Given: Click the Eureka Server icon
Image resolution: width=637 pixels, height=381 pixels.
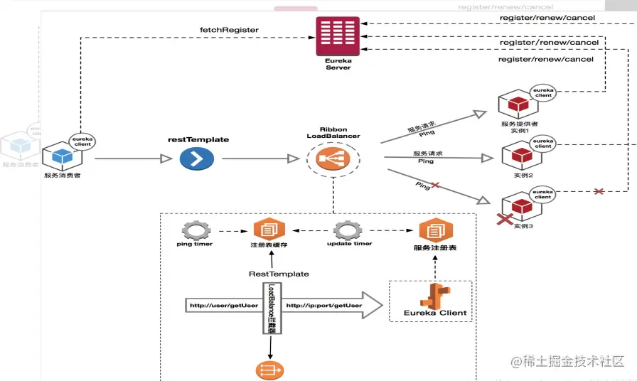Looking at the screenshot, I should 338,35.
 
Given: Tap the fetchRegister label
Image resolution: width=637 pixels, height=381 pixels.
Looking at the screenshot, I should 229,30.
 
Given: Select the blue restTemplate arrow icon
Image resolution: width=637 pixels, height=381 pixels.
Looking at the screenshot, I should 197,159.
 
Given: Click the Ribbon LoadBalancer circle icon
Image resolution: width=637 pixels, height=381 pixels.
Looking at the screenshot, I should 333,159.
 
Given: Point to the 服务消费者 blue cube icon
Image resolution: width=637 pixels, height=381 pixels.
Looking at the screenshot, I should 58,156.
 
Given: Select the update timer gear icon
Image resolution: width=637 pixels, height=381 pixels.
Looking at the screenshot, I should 348,230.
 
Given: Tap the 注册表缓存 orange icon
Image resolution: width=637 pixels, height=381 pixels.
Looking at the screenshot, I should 269,230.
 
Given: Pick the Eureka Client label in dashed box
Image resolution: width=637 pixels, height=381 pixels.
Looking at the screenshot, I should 435,312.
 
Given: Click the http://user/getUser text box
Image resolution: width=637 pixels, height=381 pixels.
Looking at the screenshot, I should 224,306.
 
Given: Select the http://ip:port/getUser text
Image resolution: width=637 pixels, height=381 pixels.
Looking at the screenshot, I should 323,306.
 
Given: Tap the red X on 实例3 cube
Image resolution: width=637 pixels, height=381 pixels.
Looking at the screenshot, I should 505,220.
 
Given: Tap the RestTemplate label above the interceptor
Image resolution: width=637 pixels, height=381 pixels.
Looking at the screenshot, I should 279,274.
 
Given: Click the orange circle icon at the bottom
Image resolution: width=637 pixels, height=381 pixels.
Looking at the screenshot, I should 269,370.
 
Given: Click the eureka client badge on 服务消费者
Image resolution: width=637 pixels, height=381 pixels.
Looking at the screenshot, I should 83,140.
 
